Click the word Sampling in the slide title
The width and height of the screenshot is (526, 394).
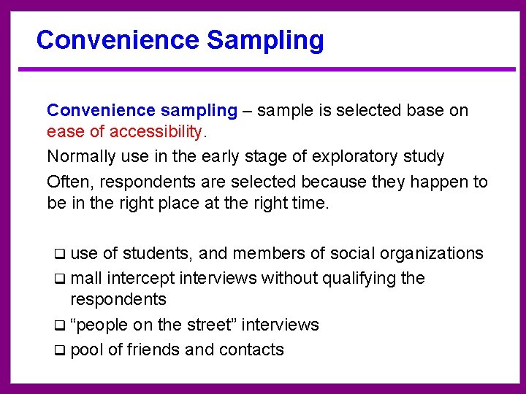265,40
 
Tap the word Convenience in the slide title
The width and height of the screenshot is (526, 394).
118,40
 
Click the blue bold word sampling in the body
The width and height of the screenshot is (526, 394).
198,111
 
